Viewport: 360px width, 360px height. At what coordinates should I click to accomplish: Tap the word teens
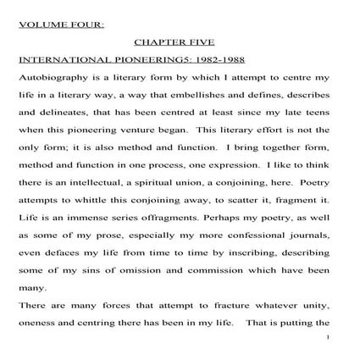tap(316, 112)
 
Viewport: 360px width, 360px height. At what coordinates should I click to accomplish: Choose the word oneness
tap(37, 323)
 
